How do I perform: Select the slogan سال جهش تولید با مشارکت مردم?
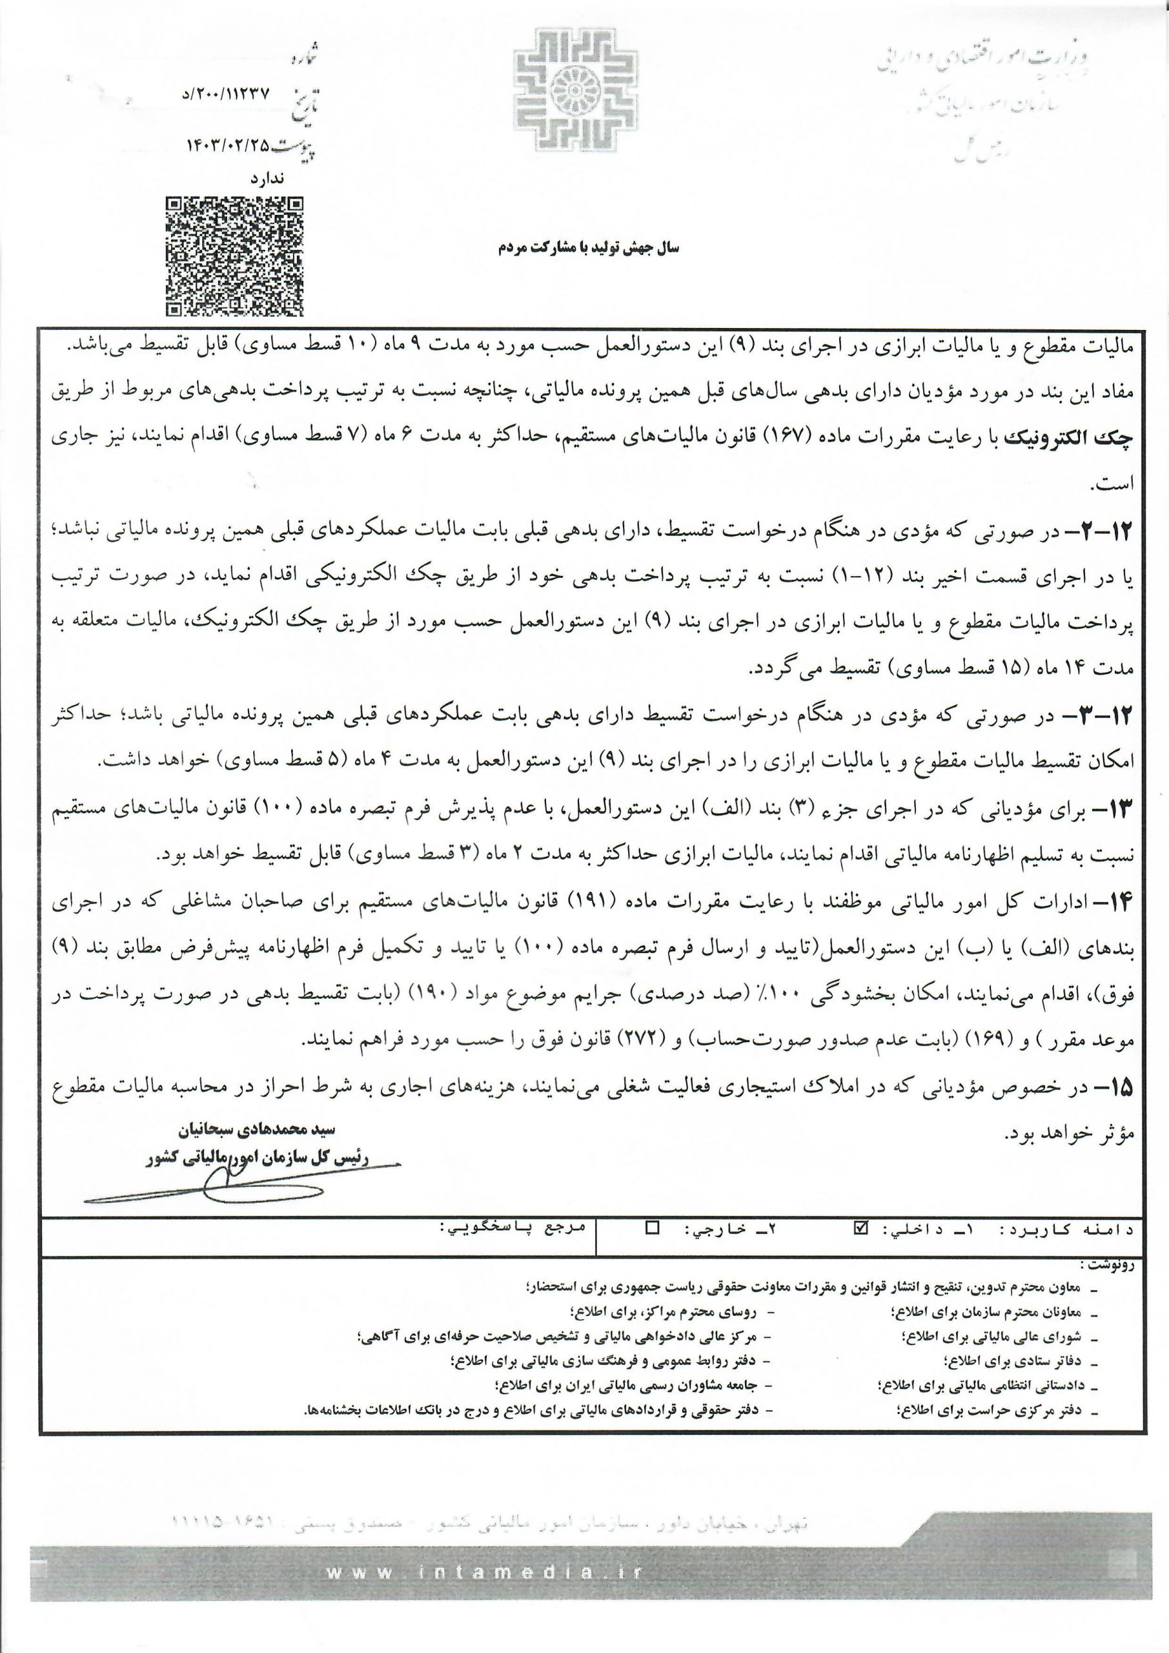[x=588, y=248]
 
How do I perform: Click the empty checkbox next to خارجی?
[x=652, y=1227]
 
